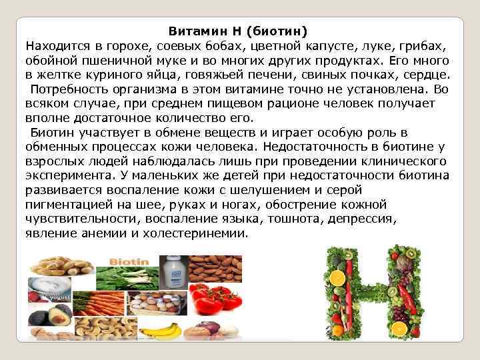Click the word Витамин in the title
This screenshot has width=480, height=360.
pos(194,31)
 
